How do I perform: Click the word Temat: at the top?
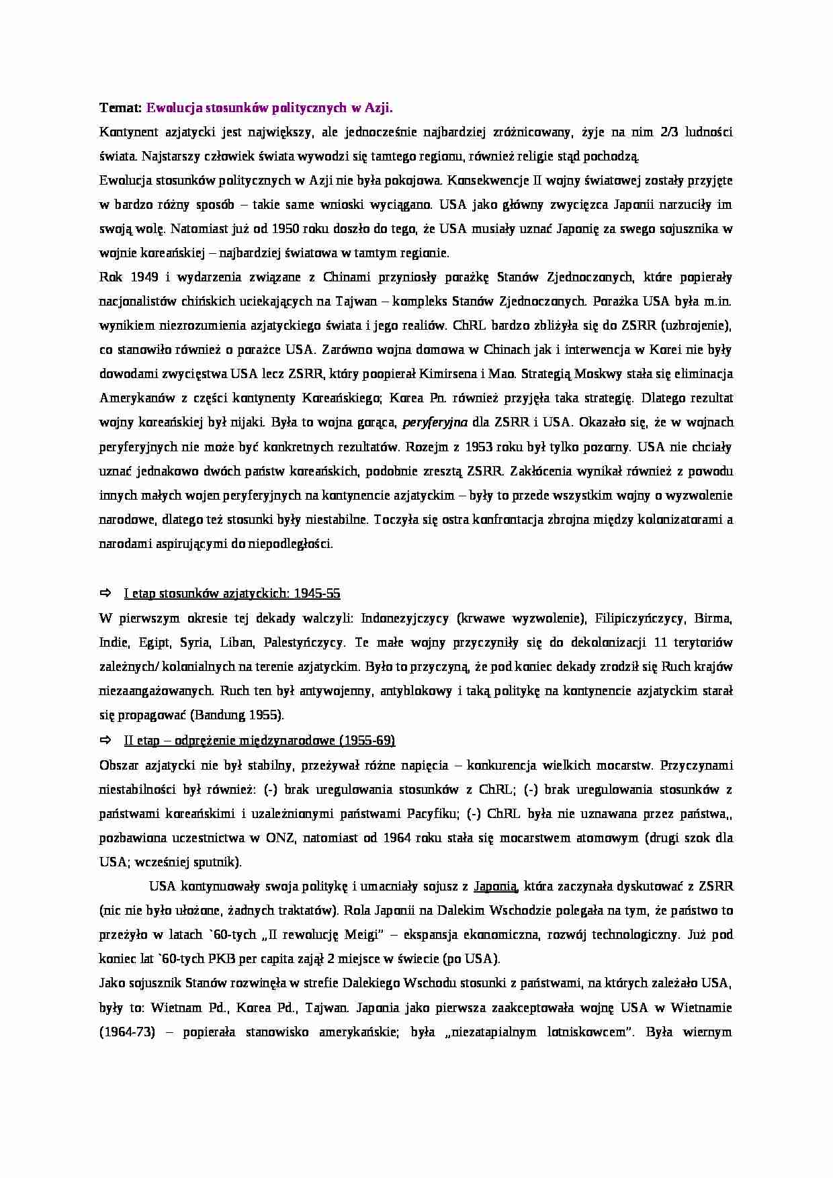pyautogui.click(x=120, y=107)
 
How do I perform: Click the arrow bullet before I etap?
pyautogui.click(x=105, y=593)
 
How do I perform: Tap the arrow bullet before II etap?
pyautogui.click(x=105, y=739)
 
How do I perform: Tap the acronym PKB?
pyautogui.click(x=208, y=958)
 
